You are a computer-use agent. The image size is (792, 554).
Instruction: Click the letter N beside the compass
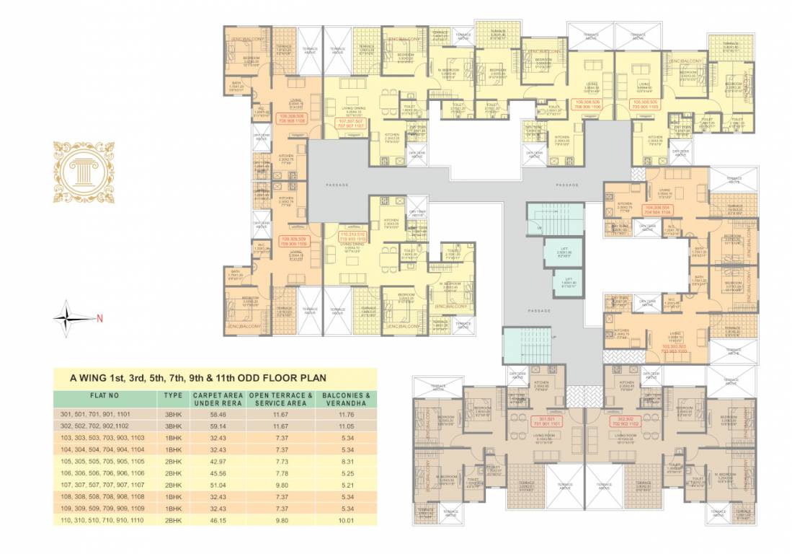(100, 318)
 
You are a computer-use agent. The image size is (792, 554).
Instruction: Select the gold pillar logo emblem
(84, 171)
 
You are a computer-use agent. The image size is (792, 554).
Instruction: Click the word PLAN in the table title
(312, 377)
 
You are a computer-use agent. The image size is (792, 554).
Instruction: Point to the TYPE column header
(172, 396)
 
